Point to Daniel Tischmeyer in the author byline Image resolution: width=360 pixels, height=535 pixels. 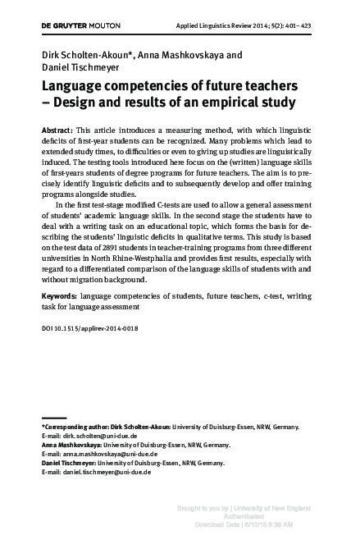(82, 67)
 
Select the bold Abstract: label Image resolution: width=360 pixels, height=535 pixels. (56, 131)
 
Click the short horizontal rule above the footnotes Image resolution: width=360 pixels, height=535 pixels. (53, 418)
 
